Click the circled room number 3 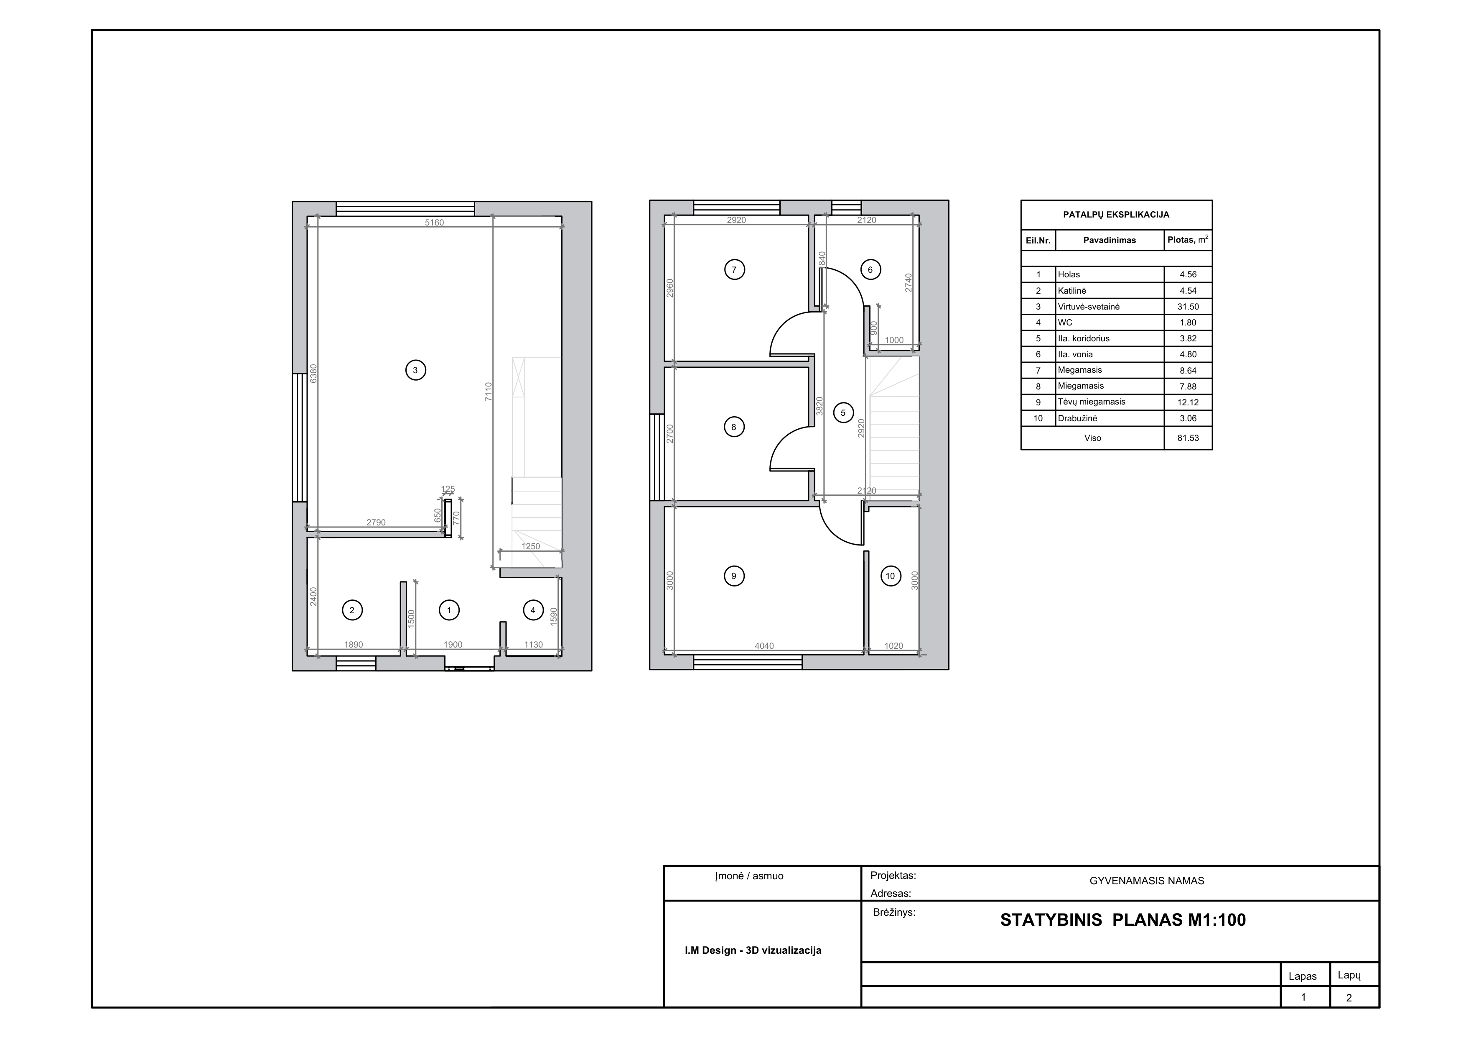point(416,370)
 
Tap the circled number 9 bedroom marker point(734,576)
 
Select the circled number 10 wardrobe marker point(890,576)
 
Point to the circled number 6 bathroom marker point(870,270)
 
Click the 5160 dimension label point(434,223)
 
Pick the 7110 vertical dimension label point(489,392)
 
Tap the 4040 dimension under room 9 point(764,646)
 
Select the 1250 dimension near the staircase point(531,546)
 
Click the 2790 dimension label point(376,522)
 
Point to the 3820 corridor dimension point(820,406)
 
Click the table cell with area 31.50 point(1188,307)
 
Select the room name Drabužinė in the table point(1077,418)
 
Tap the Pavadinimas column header point(1110,240)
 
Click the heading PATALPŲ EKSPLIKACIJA point(1116,215)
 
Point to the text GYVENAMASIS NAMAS point(1147,881)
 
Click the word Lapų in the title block point(1349,976)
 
